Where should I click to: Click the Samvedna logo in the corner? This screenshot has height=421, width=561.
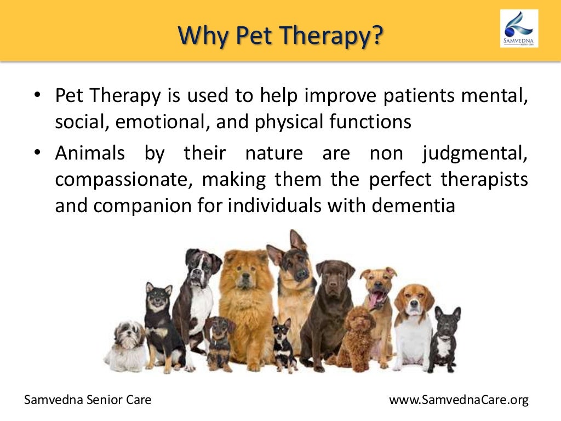[x=519, y=28]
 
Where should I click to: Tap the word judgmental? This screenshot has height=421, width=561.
[x=474, y=152]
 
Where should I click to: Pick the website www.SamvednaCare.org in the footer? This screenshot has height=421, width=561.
[x=459, y=400]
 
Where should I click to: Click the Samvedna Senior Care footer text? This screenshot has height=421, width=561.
[x=88, y=400]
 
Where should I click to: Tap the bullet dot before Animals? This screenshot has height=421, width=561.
[x=37, y=152]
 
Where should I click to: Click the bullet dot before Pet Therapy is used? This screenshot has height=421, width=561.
[x=37, y=95]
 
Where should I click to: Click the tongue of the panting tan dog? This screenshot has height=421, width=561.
[x=376, y=300]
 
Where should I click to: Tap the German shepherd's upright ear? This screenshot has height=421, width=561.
[x=298, y=241]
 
